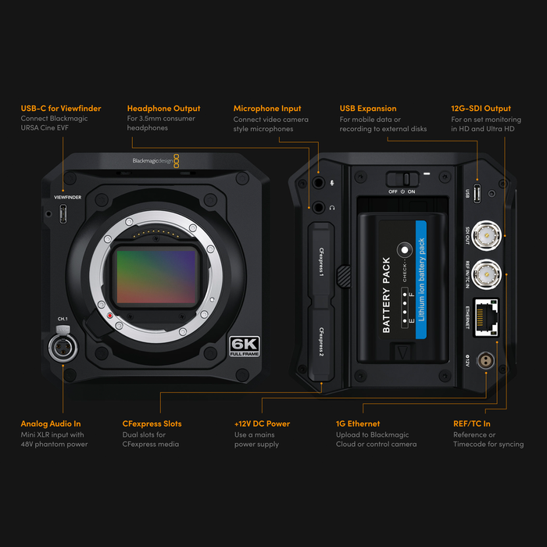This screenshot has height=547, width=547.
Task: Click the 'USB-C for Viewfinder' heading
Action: point(60,109)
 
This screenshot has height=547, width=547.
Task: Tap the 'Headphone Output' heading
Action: point(163,109)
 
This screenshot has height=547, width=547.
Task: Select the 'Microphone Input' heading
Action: point(267,109)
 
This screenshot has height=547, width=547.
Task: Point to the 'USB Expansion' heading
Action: point(367,109)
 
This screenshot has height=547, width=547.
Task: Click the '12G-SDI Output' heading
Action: point(481,109)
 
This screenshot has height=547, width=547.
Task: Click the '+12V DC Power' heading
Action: point(262,424)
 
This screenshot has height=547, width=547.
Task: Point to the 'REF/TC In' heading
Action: point(472,424)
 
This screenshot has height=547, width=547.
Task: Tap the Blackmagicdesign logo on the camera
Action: point(156,161)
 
